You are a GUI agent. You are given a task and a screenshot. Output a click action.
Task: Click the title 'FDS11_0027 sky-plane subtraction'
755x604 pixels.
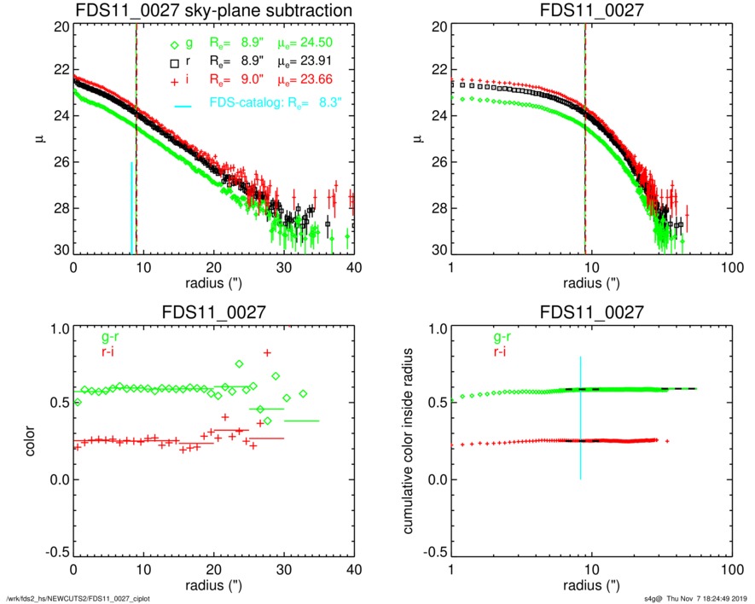click(x=213, y=10)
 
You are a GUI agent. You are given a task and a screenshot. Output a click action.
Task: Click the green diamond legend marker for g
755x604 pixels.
click(x=174, y=45)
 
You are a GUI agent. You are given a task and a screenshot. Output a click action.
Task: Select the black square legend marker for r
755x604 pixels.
click(x=174, y=62)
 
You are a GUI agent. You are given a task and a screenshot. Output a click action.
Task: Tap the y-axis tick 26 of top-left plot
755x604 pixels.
click(x=60, y=163)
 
